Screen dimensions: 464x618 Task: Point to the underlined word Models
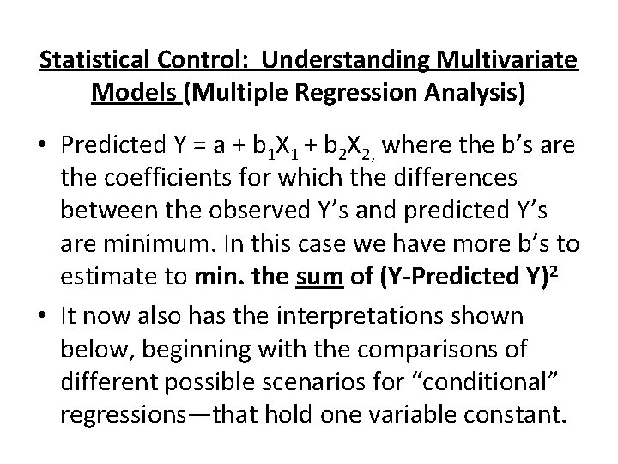coord(132,92)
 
